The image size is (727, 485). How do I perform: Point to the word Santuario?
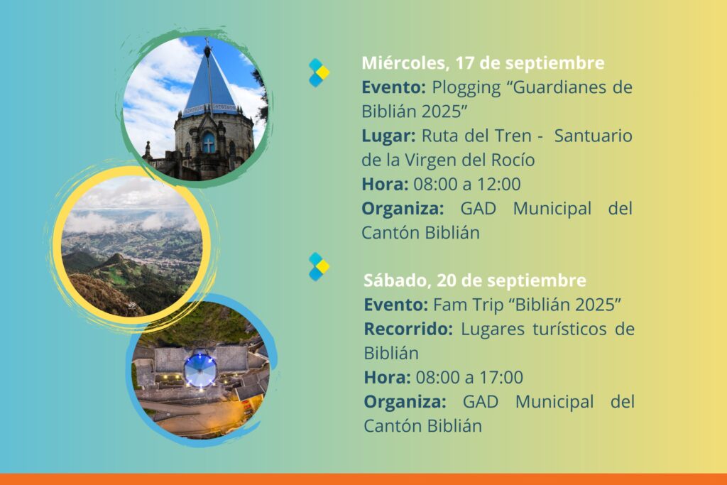click(593, 136)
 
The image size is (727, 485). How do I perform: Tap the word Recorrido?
click(408, 329)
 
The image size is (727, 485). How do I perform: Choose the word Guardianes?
click(559, 87)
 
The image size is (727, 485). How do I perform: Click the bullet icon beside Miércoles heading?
click(319, 73)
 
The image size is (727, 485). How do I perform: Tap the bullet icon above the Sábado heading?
click(319, 266)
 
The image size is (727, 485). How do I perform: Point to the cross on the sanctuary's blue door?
click(209, 144)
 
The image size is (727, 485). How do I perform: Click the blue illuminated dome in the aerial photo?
click(200, 370)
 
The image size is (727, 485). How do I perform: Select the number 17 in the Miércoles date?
click(464, 63)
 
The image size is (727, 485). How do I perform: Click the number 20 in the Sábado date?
click(447, 280)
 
